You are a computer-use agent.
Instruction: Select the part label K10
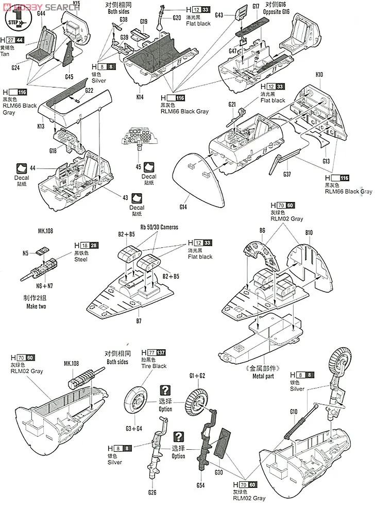[319, 75]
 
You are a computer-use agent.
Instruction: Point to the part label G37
[287, 175]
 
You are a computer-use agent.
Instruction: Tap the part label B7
[139, 321]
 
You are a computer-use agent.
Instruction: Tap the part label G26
[152, 492]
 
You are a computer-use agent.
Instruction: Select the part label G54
[200, 485]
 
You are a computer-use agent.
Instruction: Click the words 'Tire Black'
[154, 366]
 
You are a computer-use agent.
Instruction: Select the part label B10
[309, 233]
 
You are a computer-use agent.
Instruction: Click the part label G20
[176, 18]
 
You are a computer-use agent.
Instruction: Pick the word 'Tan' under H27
[5, 54]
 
